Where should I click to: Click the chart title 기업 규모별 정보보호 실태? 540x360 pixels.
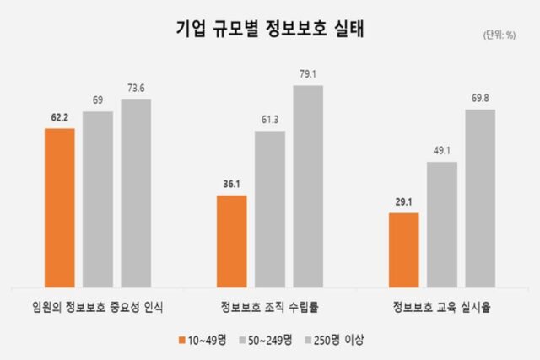tap(270, 28)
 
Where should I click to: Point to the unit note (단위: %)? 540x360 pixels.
tap(499, 35)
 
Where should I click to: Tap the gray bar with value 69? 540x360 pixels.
tap(98, 198)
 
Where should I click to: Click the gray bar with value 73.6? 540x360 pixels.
tap(136, 192)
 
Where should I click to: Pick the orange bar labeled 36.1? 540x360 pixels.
tap(231, 240)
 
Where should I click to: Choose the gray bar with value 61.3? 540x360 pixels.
tap(270, 207)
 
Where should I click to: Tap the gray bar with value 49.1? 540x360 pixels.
tap(442, 223)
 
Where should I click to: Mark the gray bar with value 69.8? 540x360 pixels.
tap(480, 196)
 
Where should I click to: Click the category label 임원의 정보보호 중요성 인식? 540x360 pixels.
tap(99, 306)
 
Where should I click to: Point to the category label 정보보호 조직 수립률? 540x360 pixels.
tap(270, 306)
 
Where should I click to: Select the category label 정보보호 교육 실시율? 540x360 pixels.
tap(441, 306)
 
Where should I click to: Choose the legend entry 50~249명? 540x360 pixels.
tap(271, 339)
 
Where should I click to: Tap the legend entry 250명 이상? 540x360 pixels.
tap(339, 339)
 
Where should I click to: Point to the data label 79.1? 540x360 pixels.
tap(308, 74)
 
